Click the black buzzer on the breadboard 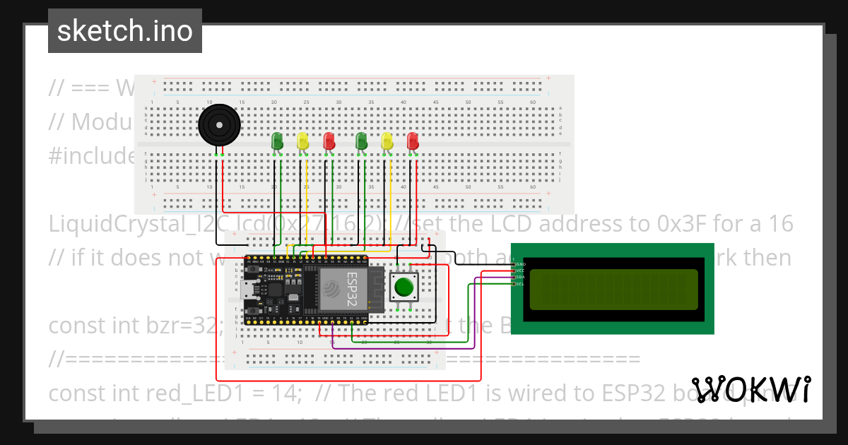pos(218,126)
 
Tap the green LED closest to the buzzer pos(277,141)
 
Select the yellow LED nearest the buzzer pos(302,141)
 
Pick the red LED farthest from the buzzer pos(413,141)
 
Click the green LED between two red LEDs pos(361,141)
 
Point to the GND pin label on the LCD pos(521,263)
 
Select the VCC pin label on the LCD pos(521,271)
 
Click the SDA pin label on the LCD pos(521,277)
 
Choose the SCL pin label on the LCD pos(521,284)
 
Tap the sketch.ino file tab pos(125,31)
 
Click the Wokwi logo pos(750,389)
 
